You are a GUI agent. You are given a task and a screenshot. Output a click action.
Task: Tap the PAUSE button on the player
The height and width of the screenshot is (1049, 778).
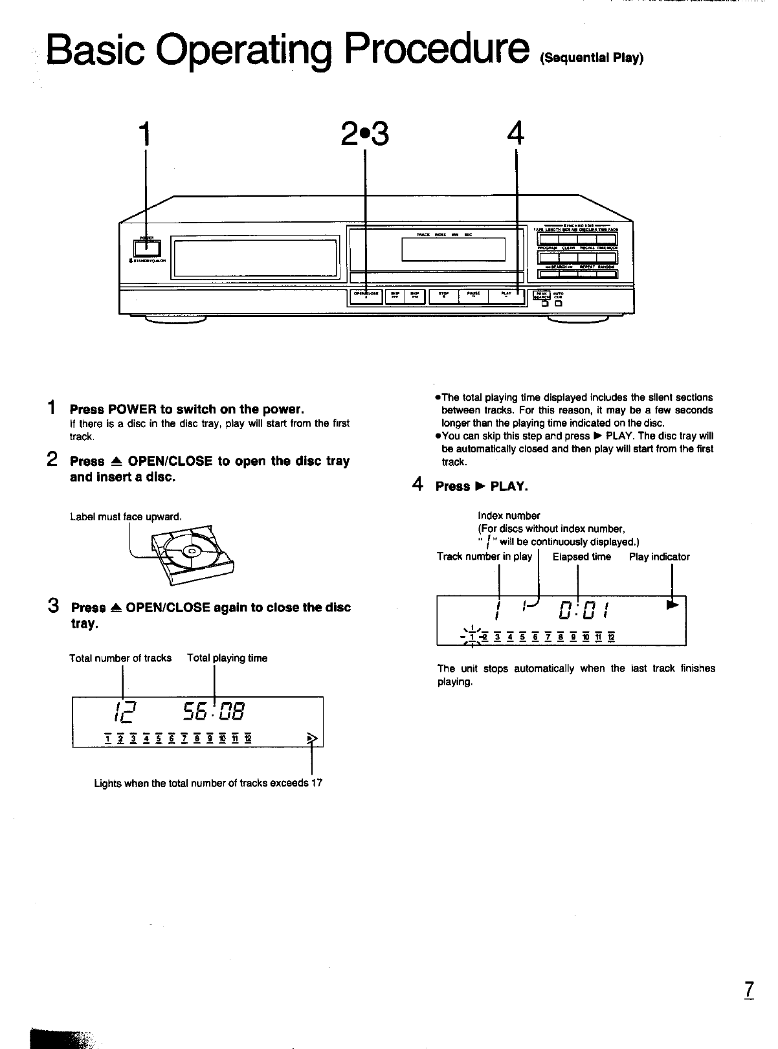point(474,296)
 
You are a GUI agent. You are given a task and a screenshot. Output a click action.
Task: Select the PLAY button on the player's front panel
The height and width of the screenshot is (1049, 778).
point(507,296)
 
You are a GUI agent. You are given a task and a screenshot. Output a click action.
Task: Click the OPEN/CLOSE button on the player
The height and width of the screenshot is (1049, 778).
point(366,296)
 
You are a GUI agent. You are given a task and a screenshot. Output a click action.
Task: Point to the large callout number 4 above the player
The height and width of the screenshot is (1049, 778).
point(515,134)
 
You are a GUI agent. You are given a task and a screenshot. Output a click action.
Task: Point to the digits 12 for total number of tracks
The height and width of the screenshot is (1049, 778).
point(123,714)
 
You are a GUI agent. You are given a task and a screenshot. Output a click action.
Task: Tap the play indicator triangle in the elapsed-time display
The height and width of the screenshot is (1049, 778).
point(673,605)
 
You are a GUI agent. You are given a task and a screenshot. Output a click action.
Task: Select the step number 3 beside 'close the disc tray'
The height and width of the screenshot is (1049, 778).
point(54,607)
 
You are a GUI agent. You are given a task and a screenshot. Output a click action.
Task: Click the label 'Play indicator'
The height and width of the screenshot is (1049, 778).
point(659,557)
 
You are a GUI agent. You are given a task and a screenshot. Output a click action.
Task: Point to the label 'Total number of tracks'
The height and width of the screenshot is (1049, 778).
point(120,658)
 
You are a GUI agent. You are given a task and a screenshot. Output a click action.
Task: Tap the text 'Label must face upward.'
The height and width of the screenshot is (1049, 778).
point(126,516)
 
